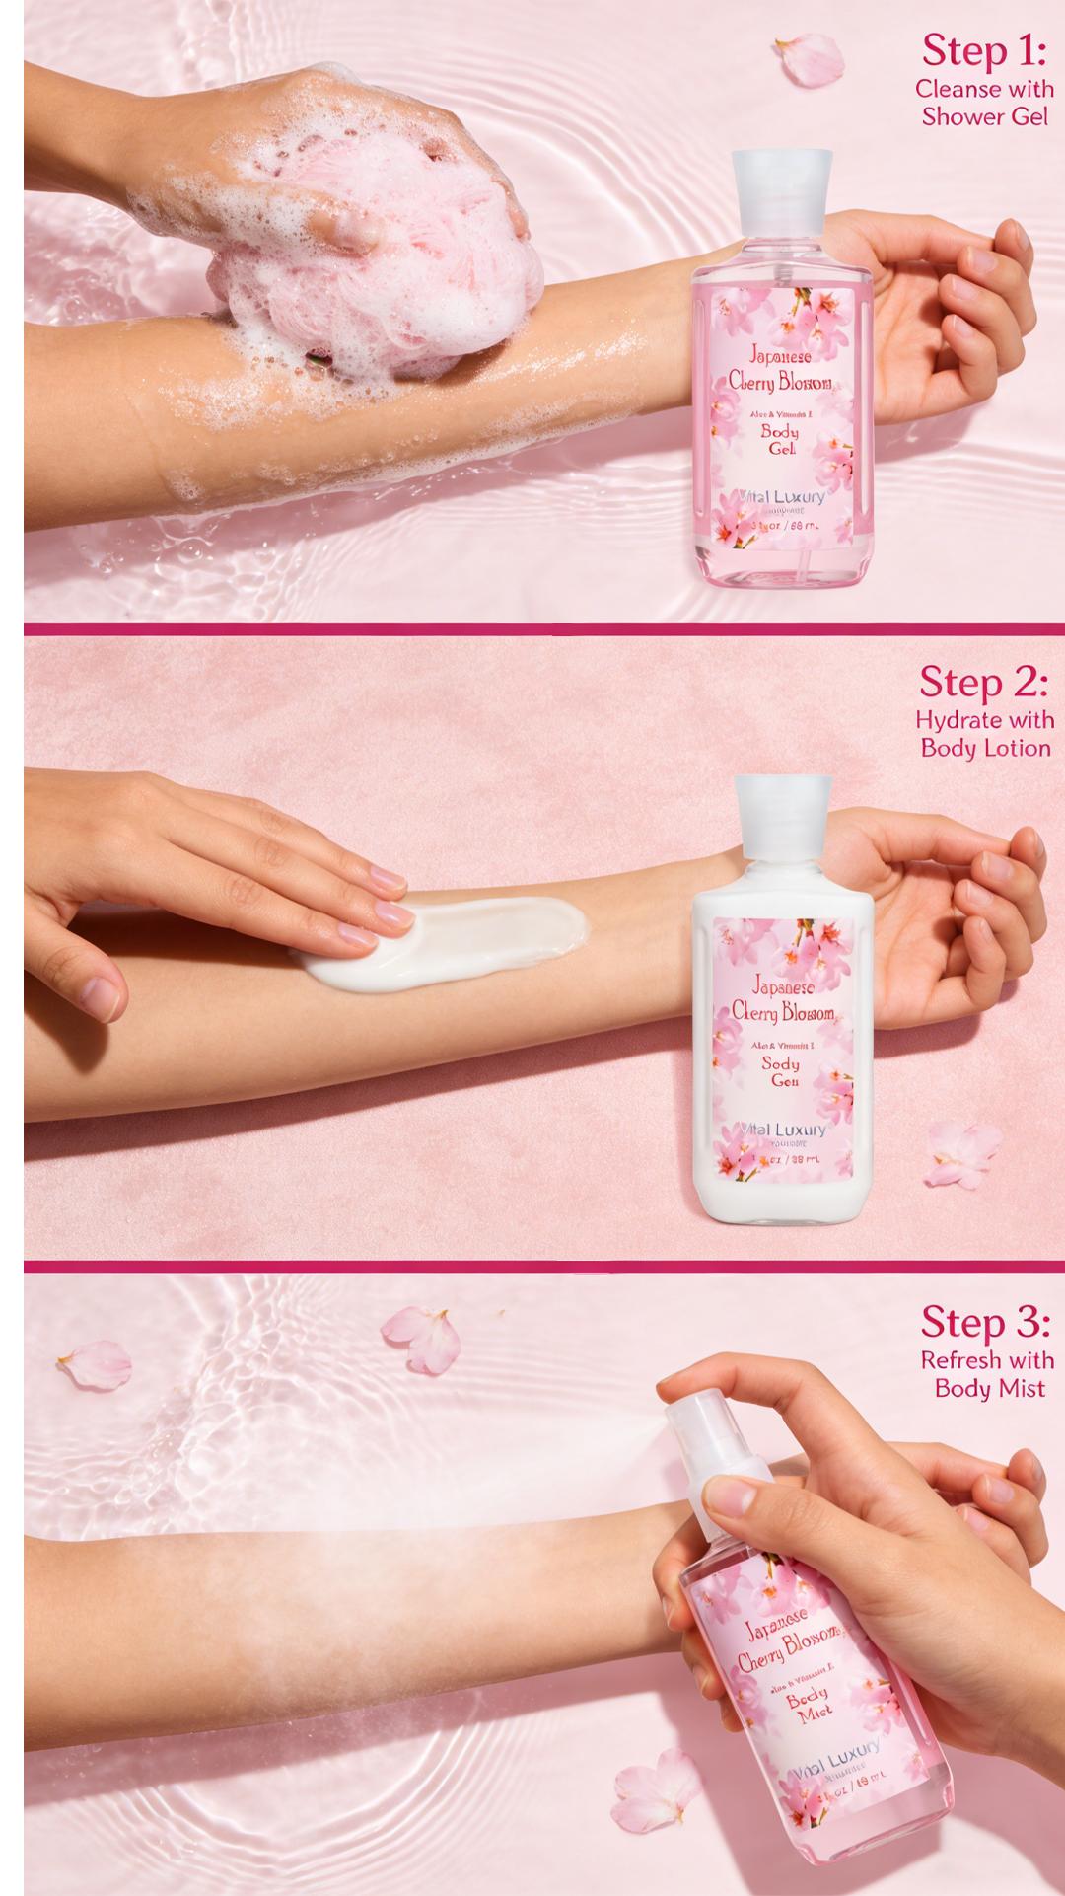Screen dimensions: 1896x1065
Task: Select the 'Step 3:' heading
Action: coord(985,1323)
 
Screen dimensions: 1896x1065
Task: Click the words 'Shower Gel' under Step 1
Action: coord(985,117)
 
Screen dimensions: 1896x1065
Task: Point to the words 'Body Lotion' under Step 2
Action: coord(985,748)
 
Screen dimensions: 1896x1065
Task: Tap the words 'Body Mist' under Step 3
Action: coord(989,1389)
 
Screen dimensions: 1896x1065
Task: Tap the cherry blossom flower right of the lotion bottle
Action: coord(963,1154)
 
